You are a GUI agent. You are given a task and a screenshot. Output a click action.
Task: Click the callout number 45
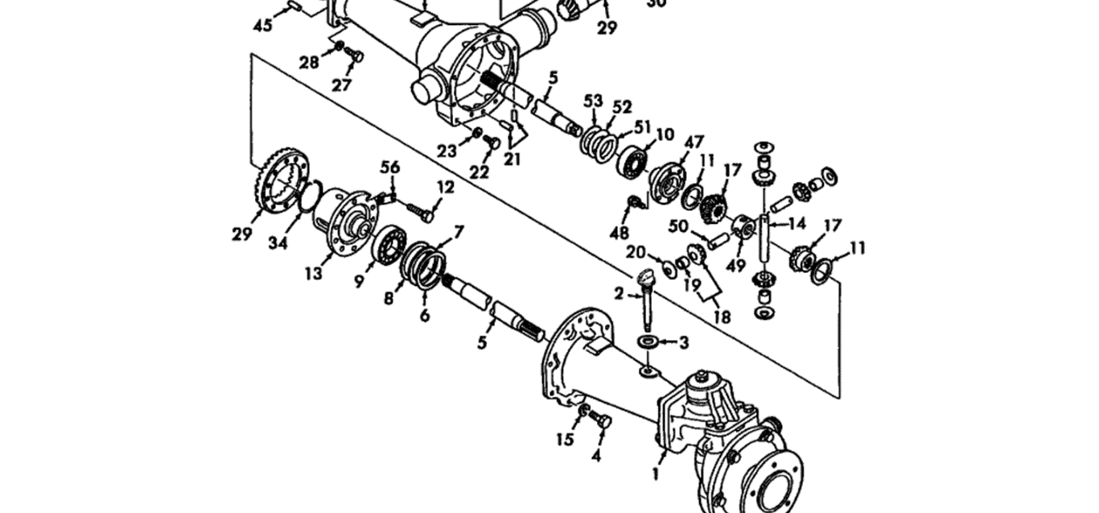(x=262, y=25)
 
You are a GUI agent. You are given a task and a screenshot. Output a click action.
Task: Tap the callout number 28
(x=309, y=62)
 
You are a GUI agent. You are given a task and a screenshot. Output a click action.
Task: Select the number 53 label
(x=593, y=101)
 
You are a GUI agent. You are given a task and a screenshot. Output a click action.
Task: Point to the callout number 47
(x=694, y=143)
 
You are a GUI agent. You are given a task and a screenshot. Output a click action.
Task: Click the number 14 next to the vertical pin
(x=797, y=223)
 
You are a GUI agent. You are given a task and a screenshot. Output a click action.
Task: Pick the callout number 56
(x=390, y=167)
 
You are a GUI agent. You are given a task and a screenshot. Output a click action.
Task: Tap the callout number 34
(x=278, y=242)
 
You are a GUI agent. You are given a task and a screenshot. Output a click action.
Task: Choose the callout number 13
(x=314, y=273)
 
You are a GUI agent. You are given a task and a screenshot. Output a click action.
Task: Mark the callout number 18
(x=722, y=316)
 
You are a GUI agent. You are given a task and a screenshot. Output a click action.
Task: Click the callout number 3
(x=683, y=342)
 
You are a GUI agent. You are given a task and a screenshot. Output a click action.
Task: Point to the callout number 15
(x=565, y=440)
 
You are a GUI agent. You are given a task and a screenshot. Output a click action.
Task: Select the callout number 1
(x=655, y=474)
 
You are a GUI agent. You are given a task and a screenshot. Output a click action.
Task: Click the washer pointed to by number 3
(x=648, y=341)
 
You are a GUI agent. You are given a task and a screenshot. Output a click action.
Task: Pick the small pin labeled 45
(x=294, y=6)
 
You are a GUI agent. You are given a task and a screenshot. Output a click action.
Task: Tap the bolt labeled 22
(x=491, y=141)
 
